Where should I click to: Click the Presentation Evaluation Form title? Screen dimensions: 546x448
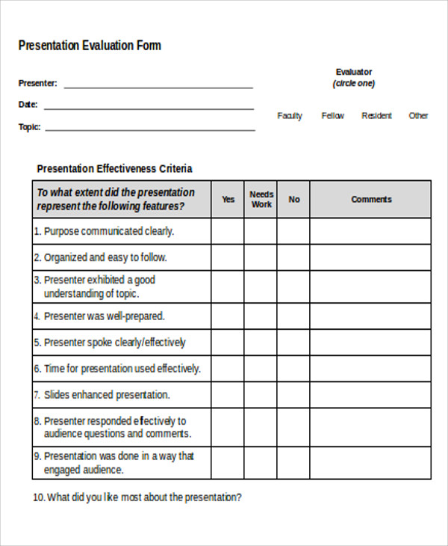coord(90,46)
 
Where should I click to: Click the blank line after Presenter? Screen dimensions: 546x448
coord(158,87)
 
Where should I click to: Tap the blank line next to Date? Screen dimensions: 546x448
coord(149,108)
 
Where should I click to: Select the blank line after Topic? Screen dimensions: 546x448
coord(150,129)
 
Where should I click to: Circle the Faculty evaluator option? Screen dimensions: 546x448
coord(290,116)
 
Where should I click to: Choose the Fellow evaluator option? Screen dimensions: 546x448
coord(333,116)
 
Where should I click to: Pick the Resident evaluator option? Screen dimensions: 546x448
coord(376,116)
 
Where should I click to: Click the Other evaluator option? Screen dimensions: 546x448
coord(418,116)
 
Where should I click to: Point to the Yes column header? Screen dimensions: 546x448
coord(228,200)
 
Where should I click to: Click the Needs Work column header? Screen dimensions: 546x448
coord(261,200)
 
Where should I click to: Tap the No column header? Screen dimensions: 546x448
coord(294,200)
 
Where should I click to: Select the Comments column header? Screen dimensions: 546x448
coord(371,200)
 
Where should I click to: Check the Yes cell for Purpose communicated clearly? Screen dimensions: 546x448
coord(228,231)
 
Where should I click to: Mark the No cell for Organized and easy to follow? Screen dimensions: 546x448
coord(294,257)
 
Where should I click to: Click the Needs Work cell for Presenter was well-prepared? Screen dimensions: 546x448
coord(261,316)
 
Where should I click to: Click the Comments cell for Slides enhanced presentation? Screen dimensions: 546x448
coord(371,395)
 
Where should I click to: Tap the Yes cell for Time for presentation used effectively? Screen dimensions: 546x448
coord(228,369)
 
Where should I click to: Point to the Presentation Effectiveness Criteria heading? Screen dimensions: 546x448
coord(114,169)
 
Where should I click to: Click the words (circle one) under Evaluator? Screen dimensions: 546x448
coord(354,84)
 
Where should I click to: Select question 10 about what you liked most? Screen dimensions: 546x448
coord(137,497)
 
